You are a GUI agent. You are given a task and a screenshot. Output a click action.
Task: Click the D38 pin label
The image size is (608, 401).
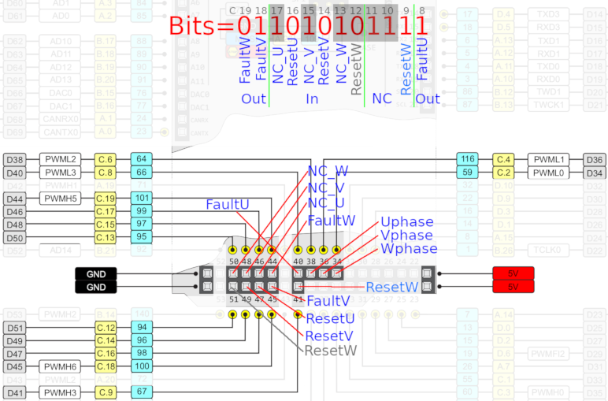tap(15, 159)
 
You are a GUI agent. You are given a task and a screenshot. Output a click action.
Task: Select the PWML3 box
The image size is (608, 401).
tap(60, 173)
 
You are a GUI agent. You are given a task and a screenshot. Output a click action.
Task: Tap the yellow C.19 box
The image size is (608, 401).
tap(106, 198)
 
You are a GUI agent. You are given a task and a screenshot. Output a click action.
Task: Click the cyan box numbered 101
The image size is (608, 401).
tap(142, 198)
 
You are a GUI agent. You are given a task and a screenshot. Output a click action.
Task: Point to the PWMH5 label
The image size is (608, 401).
tap(60, 198)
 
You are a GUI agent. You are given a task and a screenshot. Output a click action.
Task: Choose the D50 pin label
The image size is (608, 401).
tap(15, 237)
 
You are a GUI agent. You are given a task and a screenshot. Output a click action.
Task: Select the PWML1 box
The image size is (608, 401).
tap(549, 159)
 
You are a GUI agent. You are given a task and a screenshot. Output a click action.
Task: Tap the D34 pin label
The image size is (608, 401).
tap(595, 173)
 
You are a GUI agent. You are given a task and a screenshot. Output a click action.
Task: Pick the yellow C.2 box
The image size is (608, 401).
tap(504, 173)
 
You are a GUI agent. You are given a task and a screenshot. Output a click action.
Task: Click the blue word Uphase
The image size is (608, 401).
tap(406, 222)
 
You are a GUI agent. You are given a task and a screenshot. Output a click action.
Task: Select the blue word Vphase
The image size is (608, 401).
tap(406, 236)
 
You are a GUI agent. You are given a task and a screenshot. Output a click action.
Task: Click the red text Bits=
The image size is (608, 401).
tap(202, 25)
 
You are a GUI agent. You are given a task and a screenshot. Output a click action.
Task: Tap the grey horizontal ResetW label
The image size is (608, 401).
tap(331, 350)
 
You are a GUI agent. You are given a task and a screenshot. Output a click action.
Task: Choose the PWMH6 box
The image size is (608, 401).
tap(60, 366)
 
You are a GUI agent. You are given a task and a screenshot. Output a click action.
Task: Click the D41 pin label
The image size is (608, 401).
tap(15, 392)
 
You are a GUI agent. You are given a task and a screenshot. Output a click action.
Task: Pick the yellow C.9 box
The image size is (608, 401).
tap(106, 392)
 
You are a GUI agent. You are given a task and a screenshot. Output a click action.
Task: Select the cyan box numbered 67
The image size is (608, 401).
tap(142, 392)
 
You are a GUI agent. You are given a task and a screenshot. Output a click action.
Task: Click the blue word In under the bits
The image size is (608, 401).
tap(312, 99)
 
